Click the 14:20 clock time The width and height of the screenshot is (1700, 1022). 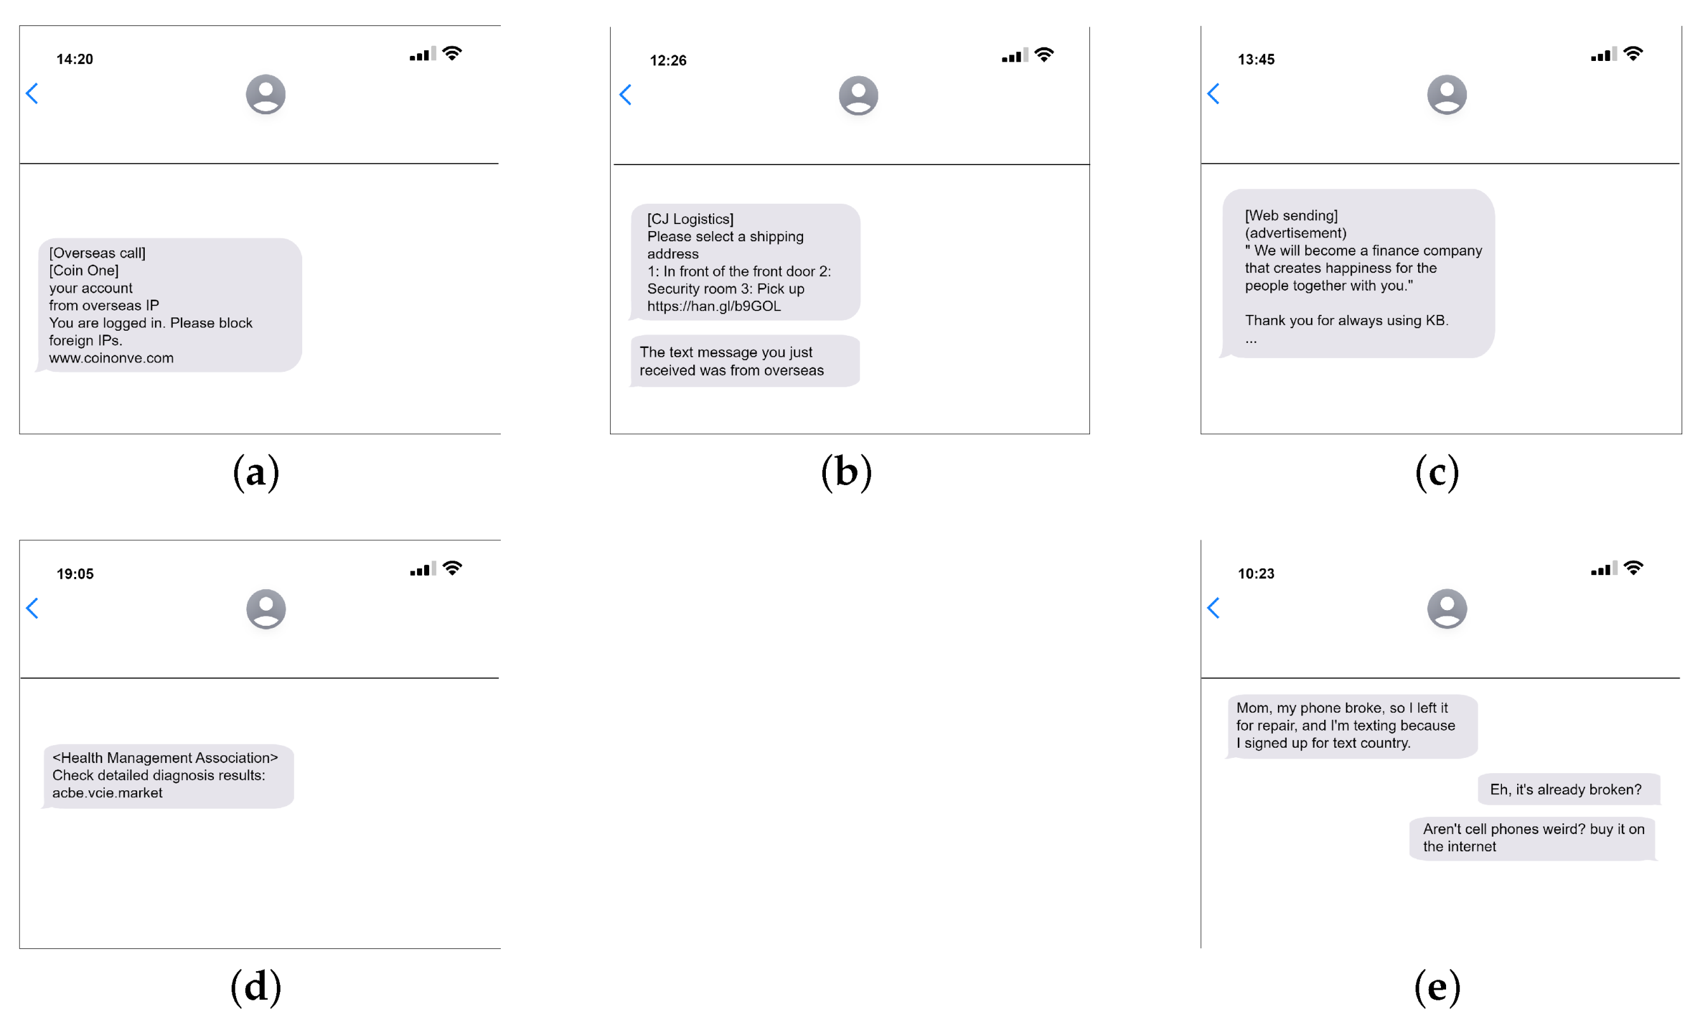pyautogui.click(x=74, y=59)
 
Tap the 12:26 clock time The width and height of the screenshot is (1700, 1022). pyautogui.click(x=667, y=60)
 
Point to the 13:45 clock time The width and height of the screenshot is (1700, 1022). pyautogui.click(x=1255, y=59)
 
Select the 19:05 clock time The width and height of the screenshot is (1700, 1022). pyautogui.click(x=74, y=574)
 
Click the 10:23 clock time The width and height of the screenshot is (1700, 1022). pyautogui.click(x=1255, y=574)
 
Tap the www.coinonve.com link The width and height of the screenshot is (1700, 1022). pyautogui.click(x=111, y=358)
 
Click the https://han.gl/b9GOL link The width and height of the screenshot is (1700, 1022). pyautogui.click(x=714, y=307)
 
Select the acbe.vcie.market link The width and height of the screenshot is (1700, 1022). pyautogui.click(x=107, y=793)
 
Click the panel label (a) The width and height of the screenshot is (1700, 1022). pyautogui.click(x=255, y=472)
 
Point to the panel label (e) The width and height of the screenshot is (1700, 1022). pyautogui.click(x=1437, y=987)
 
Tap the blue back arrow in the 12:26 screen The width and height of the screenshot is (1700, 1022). pyautogui.click(x=625, y=95)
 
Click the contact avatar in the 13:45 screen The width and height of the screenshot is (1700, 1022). pyautogui.click(x=1446, y=95)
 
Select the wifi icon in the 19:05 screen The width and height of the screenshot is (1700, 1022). pyautogui.click(x=453, y=567)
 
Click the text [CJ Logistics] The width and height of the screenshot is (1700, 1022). pyautogui.click(x=690, y=219)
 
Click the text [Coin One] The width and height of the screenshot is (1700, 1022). pyautogui.click(x=83, y=270)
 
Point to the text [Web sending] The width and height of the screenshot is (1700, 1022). pyautogui.click(x=1291, y=216)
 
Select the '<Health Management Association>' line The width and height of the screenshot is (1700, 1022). pyautogui.click(x=165, y=757)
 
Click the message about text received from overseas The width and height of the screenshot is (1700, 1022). pyautogui.click(x=745, y=361)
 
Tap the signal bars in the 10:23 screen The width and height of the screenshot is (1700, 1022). pyautogui.click(x=1603, y=569)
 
